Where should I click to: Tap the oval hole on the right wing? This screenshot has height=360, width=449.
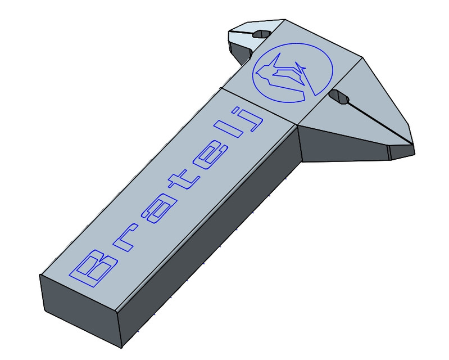click(x=338, y=97)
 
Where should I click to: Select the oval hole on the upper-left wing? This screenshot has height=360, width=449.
click(x=261, y=34)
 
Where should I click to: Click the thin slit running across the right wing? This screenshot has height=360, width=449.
click(x=382, y=121)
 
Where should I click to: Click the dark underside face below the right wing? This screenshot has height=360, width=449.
click(x=343, y=146)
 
